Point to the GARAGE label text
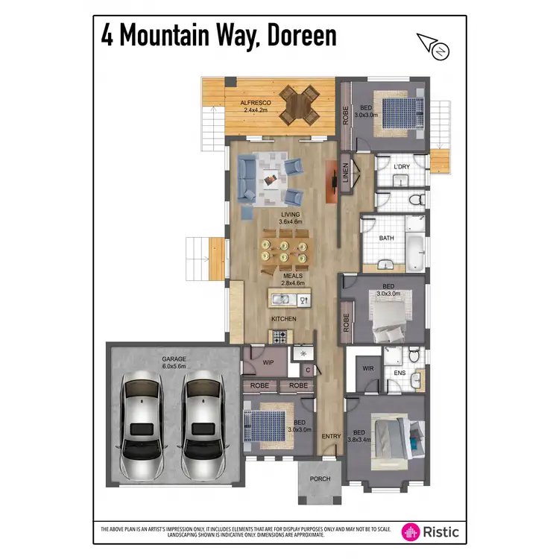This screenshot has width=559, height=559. [x=174, y=359]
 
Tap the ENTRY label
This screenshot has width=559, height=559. [x=330, y=436]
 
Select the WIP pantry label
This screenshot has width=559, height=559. [x=269, y=363]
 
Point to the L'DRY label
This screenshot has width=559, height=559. [x=401, y=167]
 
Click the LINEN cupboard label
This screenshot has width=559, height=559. [x=345, y=173]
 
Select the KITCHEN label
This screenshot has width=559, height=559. [x=284, y=319]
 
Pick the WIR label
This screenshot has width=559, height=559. [x=367, y=368]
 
